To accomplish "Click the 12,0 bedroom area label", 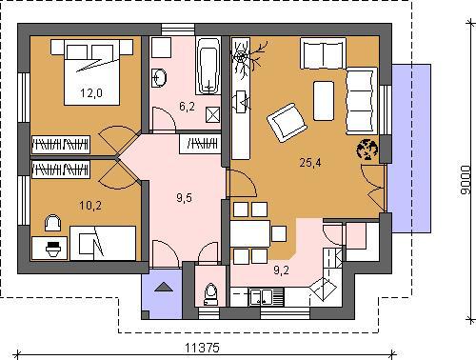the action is point(91,93).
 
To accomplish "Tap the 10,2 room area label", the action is point(90,206).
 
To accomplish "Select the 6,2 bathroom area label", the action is point(187,107).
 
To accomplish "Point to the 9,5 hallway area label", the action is point(184,198).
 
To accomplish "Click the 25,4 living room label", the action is point(310,163).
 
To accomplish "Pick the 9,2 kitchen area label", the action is point(281,270).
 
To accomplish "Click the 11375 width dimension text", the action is point(202,348).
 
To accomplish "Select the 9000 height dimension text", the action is point(465,179).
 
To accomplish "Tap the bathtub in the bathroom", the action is point(208,66).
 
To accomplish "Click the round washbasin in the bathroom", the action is point(159,77).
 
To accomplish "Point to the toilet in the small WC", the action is point(210,294).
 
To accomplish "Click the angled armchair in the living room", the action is point(287,123).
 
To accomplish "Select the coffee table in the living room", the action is point(324,101).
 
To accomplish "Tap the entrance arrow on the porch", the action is point(164,287).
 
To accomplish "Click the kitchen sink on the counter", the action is point(261,297).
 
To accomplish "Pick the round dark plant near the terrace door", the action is point(367,149).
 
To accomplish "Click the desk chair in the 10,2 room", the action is point(52,223).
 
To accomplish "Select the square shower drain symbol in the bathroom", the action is point(212,114).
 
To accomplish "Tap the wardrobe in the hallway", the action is point(200,144).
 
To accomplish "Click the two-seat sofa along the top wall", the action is point(323,53).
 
